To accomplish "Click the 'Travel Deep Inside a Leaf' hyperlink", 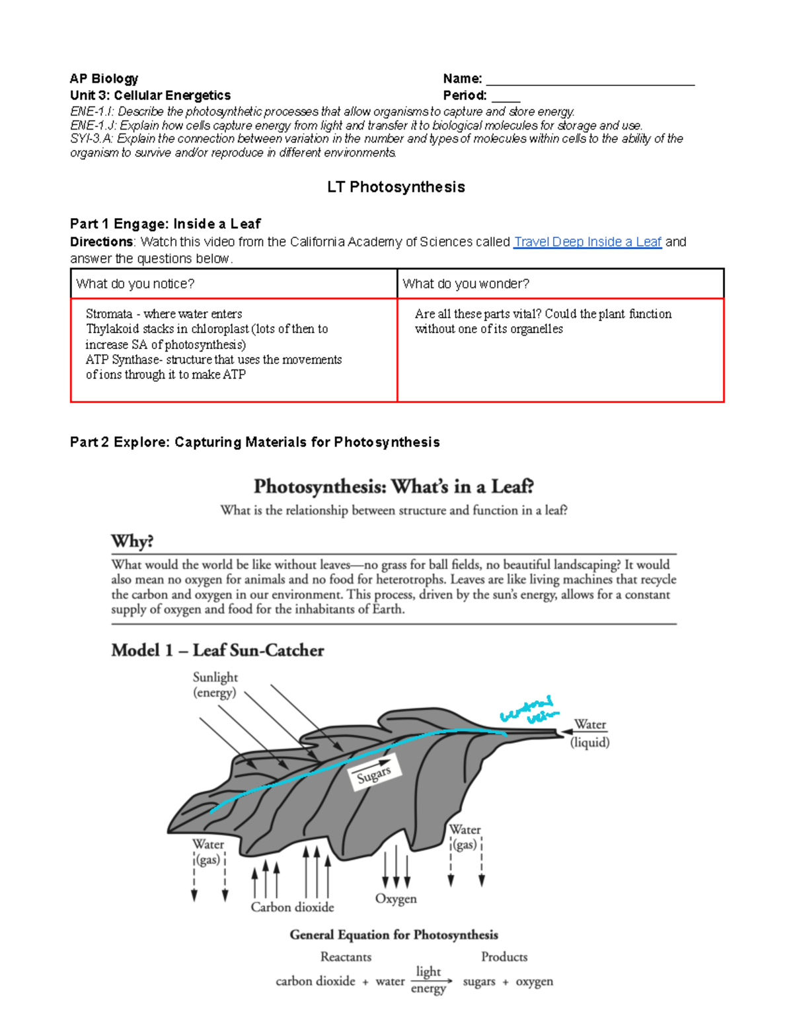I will [x=587, y=242].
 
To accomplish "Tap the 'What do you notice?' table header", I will [x=135, y=284].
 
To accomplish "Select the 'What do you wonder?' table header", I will [x=466, y=284].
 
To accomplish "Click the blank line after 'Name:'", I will [x=589, y=79].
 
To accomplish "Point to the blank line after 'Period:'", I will [x=506, y=96].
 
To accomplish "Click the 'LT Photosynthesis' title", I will [x=396, y=187].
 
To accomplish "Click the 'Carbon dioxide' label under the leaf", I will [x=292, y=907].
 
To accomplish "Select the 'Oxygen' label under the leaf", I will [x=396, y=899].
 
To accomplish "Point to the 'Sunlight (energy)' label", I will [x=215, y=685].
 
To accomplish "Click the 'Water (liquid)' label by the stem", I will [x=589, y=733].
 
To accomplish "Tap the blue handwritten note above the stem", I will [x=529, y=710].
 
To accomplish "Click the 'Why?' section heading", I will [x=132, y=541].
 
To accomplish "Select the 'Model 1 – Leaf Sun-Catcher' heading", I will [x=217, y=650].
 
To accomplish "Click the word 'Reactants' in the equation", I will [x=346, y=957].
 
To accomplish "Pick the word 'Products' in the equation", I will [x=504, y=957].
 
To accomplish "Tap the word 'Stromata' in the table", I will [x=109, y=314].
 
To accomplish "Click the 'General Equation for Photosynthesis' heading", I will [x=394, y=934].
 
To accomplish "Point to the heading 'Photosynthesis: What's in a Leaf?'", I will [x=394, y=487].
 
